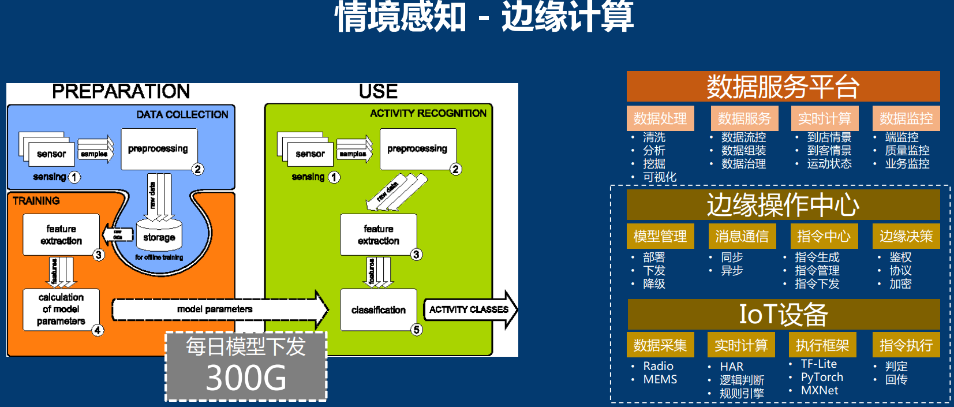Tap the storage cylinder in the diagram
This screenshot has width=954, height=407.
[x=159, y=237]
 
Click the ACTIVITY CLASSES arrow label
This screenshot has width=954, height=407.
[x=469, y=309]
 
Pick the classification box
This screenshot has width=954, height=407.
[x=378, y=310]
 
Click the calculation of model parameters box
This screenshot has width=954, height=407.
[x=61, y=309]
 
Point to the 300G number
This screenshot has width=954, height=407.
[x=246, y=379]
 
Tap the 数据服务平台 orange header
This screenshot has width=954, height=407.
[x=783, y=87]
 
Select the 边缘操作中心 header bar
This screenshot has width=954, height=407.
[x=783, y=205]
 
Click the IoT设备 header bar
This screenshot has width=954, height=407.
[x=783, y=315]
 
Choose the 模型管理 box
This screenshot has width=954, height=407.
[x=660, y=236]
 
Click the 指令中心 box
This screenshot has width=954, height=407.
[x=824, y=236]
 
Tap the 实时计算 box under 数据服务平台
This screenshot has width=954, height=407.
[x=824, y=118]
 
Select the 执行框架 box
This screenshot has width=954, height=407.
[x=822, y=345]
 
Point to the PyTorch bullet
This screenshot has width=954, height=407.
[x=822, y=377]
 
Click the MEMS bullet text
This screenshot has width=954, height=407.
[x=660, y=379]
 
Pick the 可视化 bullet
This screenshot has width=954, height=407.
[x=660, y=177]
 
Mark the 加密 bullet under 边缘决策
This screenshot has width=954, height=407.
[x=900, y=283]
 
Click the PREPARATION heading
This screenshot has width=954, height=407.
[x=121, y=91]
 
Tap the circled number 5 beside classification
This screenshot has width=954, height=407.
[x=417, y=330]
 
